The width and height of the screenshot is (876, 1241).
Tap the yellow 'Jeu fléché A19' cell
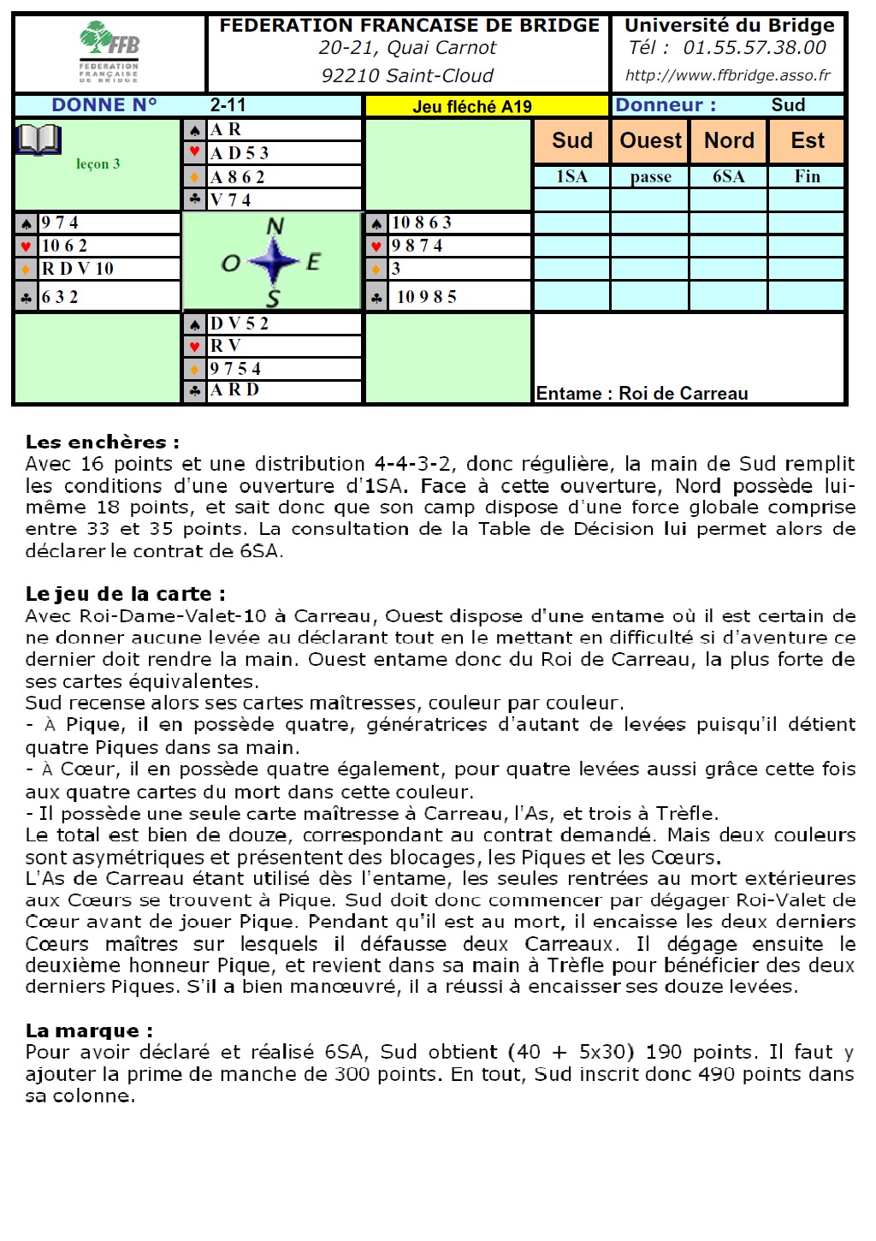[472, 106]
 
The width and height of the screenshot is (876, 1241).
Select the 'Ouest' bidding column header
[650, 140]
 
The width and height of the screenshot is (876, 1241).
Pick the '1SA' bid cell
[571, 177]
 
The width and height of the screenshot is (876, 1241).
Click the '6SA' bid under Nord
[728, 177]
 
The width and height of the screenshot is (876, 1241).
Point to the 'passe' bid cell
[650, 177]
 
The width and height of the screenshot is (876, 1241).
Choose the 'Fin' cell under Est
[807, 177]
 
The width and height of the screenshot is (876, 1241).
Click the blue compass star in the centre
[274, 261]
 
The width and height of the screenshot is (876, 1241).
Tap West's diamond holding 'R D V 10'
[78, 269]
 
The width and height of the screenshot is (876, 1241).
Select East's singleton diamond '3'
[396, 269]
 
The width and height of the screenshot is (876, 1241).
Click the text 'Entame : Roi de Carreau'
[642, 394]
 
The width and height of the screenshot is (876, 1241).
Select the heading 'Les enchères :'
[103, 442]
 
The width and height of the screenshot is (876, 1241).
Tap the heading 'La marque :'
[89, 1030]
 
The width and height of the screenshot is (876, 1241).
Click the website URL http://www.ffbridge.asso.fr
[727, 75]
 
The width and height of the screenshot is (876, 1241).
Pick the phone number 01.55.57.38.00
[755, 49]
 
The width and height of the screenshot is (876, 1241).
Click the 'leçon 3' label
[98, 164]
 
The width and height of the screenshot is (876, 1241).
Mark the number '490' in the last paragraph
[715, 1074]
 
